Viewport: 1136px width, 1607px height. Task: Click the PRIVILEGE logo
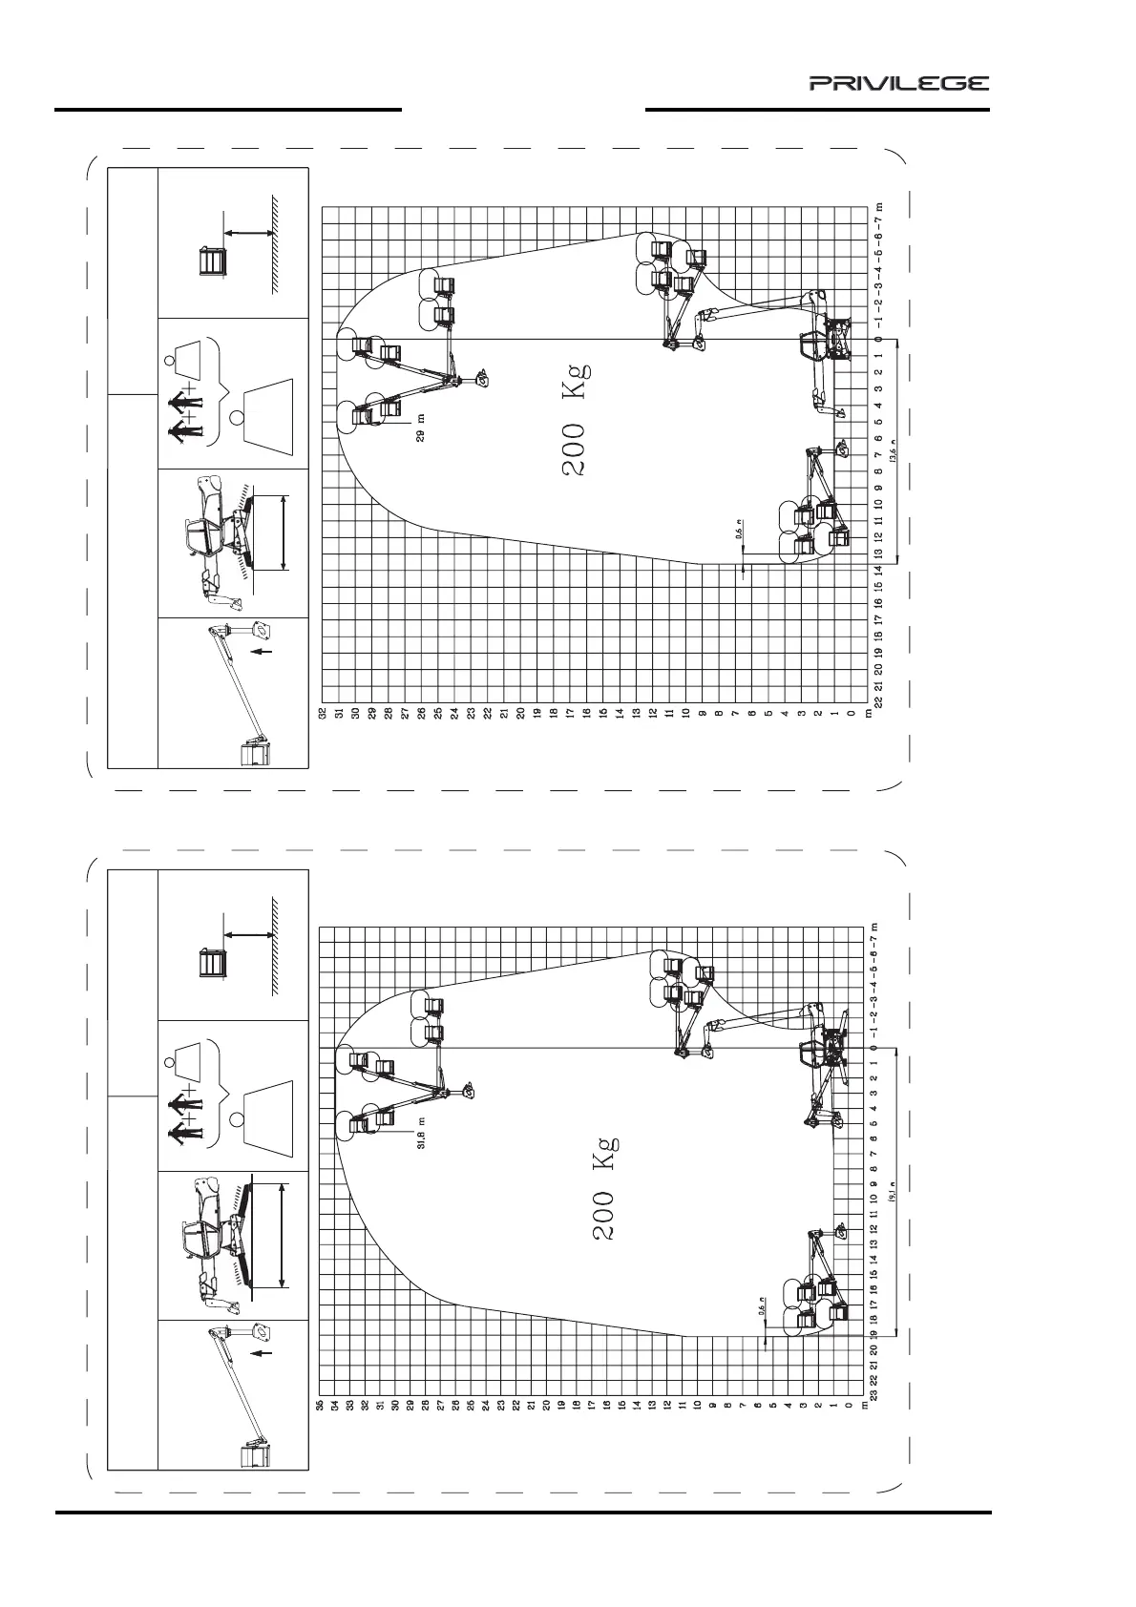pyautogui.click(x=899, y=83)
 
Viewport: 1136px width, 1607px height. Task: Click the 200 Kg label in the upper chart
pyautogui.click(x=577, y=420)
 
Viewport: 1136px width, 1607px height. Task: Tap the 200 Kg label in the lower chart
pyautogui.click(x=604, y=1187)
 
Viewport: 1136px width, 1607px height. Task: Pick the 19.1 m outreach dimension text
pyautogui.click(x=893, y=1193)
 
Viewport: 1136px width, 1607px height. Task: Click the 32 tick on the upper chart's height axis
pyautogui.click(x=324, y=712)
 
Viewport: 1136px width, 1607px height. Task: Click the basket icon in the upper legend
pyautogui.click(x=212, y=261)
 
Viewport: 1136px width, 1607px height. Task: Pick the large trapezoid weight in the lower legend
pyautogui.click(x=271, y=1111)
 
